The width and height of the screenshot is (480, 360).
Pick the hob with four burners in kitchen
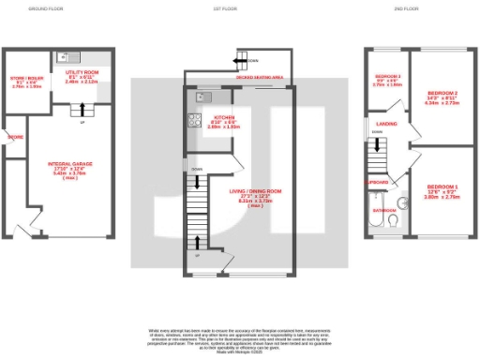[197, 120]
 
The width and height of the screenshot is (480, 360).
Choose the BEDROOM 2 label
[442, 94]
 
